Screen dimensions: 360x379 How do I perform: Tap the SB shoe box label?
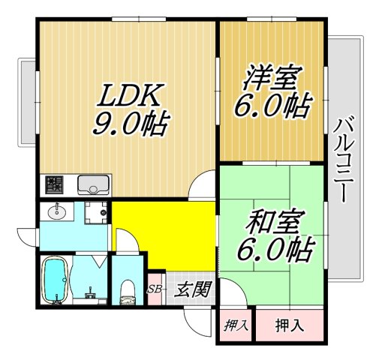155,289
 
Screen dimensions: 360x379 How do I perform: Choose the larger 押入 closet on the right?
289,325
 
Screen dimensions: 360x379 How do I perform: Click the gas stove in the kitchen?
55,184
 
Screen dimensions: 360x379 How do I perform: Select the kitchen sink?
94,184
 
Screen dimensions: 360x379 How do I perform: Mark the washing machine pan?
95,213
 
